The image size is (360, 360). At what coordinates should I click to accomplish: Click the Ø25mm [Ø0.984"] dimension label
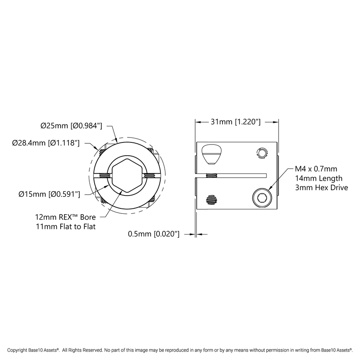pyautogui.click(x=71, y=125)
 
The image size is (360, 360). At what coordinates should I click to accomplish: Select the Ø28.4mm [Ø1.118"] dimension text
pyautogui.click(x=46, y=143)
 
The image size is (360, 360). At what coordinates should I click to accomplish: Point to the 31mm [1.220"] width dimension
pyautogui.click(x=235, y=122)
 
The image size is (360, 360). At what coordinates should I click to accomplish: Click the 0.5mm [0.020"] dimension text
pyautogui.click(x=154, y=235)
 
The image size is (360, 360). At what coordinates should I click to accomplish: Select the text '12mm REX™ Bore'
pyautogui.click(x=66, y=217)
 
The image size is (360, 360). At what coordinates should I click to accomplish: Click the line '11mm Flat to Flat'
pyautogui.click(x=66, y=227)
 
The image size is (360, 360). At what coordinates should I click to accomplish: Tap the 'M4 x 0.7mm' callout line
pyautogui.click(x=315, y=169)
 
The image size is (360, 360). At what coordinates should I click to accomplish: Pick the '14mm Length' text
pyautogui.click(x=318, y=179)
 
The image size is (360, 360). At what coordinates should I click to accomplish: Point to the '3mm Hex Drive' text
pyautogui.click(x=321, y=188)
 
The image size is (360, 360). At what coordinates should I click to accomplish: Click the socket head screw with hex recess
pyautogui.click(x=262, y=198)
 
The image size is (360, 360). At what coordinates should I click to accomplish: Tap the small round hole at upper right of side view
pyautogui.click(x=262, y=153)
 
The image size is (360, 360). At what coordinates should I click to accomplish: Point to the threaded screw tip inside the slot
pyautogui.click(x=211, y=176)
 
